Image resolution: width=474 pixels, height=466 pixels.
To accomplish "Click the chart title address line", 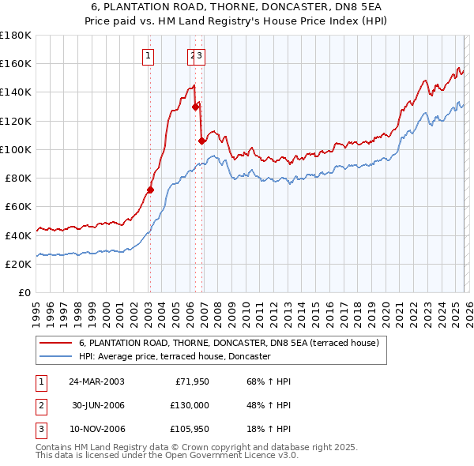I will point(237,6).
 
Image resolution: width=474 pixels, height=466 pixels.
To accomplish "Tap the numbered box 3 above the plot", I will point(200,55).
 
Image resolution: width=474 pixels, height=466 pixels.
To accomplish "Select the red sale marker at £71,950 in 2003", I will point(150,190).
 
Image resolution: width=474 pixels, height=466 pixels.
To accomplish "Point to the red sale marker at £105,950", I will point(202,141).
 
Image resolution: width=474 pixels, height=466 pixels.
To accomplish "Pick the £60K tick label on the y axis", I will point(18,207).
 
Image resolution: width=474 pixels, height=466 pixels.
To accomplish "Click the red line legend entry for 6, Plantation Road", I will point(229,344).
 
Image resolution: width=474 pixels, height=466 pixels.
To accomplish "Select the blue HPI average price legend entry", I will point(175,357).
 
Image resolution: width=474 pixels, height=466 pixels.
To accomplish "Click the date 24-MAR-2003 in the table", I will point(96,381).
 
